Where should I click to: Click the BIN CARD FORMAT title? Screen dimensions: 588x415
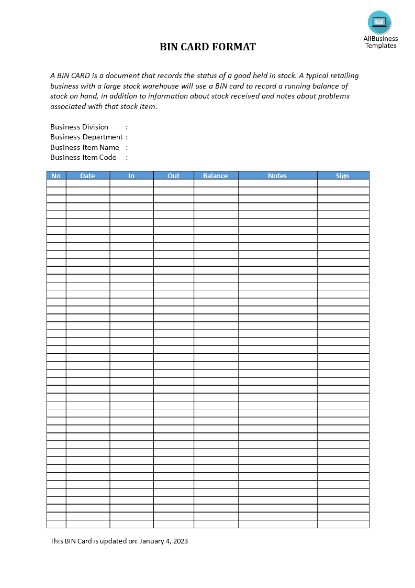(x=208, y=47)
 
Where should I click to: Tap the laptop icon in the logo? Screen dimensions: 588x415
(x=379, y=22)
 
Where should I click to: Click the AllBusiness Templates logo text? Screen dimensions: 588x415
(x=380, y=42)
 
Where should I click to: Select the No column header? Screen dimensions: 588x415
(x=57, y=176)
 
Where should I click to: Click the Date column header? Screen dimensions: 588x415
(x=88, y=176)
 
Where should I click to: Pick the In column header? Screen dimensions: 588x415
(x=131, y=176)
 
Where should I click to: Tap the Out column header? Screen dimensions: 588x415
(x=174, y=176)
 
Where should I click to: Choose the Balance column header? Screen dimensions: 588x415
(x=216, y=176)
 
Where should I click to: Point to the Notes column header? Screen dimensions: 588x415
(x=277, y=176)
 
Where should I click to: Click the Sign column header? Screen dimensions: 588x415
(x=343, y=176)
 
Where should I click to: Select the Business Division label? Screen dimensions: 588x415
(x=79, y=127)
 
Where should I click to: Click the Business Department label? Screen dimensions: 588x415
(x=86, y=137)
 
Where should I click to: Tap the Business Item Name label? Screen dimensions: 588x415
(x=85, y=147)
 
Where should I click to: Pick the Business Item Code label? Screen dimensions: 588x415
(x=83, y=157)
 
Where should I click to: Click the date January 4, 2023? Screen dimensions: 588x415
(x=164, y=541)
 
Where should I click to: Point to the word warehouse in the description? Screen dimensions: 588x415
(x=165, y=86)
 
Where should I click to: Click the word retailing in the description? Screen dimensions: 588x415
(x=343, y=75)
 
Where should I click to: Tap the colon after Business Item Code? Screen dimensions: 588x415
(x=127, y=157)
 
